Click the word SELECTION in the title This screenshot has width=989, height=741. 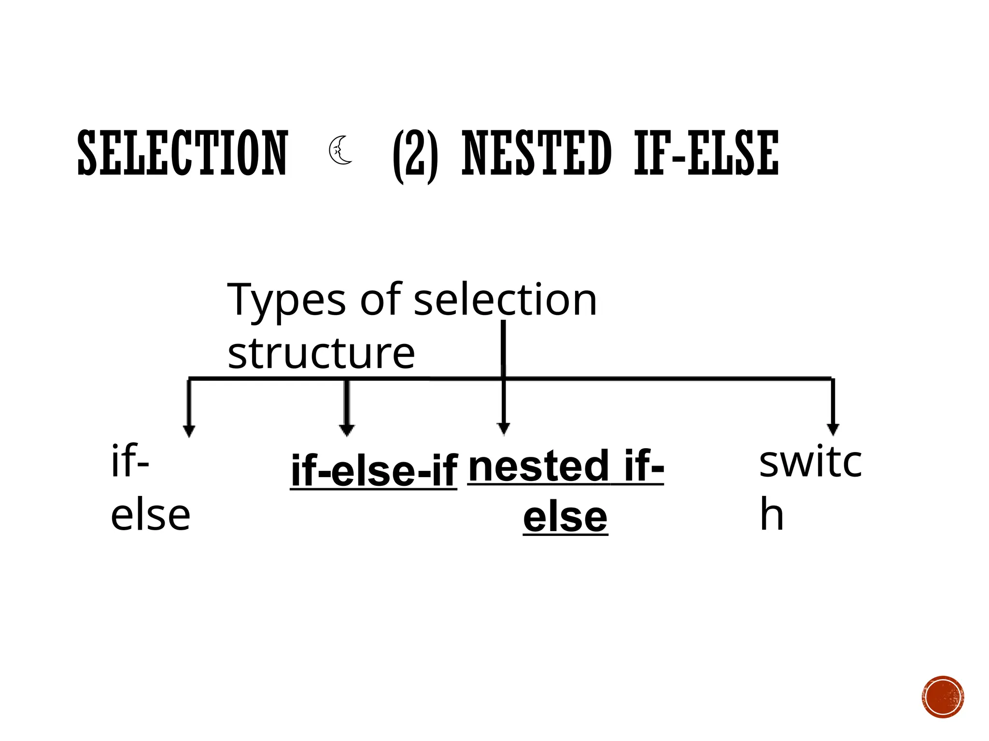tap(183, 153)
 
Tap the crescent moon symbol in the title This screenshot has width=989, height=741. tap(340, 151)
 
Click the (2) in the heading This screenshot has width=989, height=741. tap(416, 155)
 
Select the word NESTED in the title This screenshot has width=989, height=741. tap(537, 153)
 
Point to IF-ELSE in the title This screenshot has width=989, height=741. tap(706, 153)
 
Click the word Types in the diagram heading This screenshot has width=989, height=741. tap(286, 301)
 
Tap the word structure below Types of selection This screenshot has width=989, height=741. tap(321, 354)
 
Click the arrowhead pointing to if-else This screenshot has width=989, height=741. tap(189, 431)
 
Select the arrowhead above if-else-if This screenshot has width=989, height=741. tap(347, 430)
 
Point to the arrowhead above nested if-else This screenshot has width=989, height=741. tap(504, 428)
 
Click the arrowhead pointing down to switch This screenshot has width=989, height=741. tap(833, 429)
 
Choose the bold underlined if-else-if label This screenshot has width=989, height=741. tap(374, 471)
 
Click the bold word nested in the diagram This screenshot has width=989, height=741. tap(538, 466)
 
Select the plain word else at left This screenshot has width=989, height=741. tap(150, 516)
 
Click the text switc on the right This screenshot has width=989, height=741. tap(810, 462)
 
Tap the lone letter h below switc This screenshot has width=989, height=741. tap(771, 515)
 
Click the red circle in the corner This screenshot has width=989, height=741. tap(943, 697)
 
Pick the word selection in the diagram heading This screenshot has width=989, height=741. tap(505, 300)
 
